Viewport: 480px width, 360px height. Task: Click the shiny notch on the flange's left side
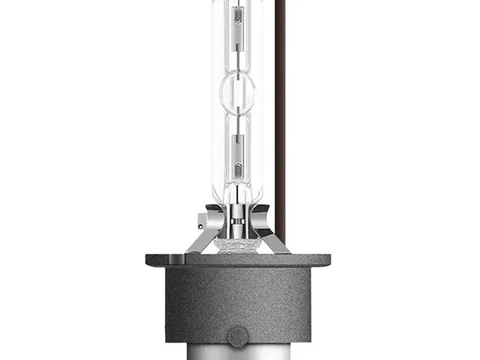pyautogui.click(x=177, y=259)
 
